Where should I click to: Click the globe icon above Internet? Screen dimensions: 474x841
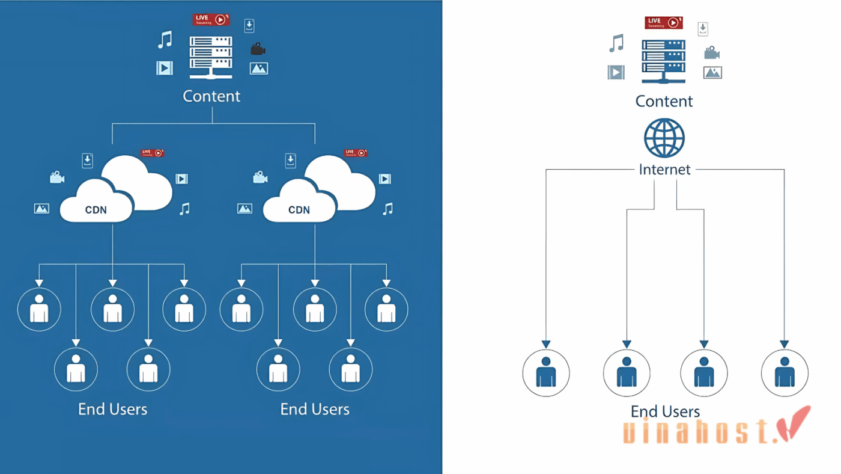664,138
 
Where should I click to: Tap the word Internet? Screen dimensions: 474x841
664,170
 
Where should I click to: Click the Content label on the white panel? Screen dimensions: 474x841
664,101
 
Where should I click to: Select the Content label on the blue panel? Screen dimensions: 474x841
211,96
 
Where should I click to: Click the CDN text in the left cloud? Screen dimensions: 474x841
96,210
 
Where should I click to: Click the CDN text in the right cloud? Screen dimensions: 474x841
299,210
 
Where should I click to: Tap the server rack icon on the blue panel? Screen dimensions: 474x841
211,57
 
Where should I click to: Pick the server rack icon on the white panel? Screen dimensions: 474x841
663,61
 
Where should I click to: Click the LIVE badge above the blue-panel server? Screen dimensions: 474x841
211,19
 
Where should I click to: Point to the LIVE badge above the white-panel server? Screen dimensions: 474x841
663,23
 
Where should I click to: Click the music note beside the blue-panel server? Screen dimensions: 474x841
165,40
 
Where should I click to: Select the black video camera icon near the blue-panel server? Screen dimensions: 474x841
258,49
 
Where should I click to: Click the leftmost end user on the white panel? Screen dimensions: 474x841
545,373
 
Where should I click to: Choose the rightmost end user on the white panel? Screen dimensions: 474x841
784,373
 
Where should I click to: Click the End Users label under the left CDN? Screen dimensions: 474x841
112,410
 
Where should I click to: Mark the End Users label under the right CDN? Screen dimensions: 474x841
315,410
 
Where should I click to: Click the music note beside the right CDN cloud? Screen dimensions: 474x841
388,209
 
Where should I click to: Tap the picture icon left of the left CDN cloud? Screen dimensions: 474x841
41,209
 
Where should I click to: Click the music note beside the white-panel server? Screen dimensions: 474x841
616,43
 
